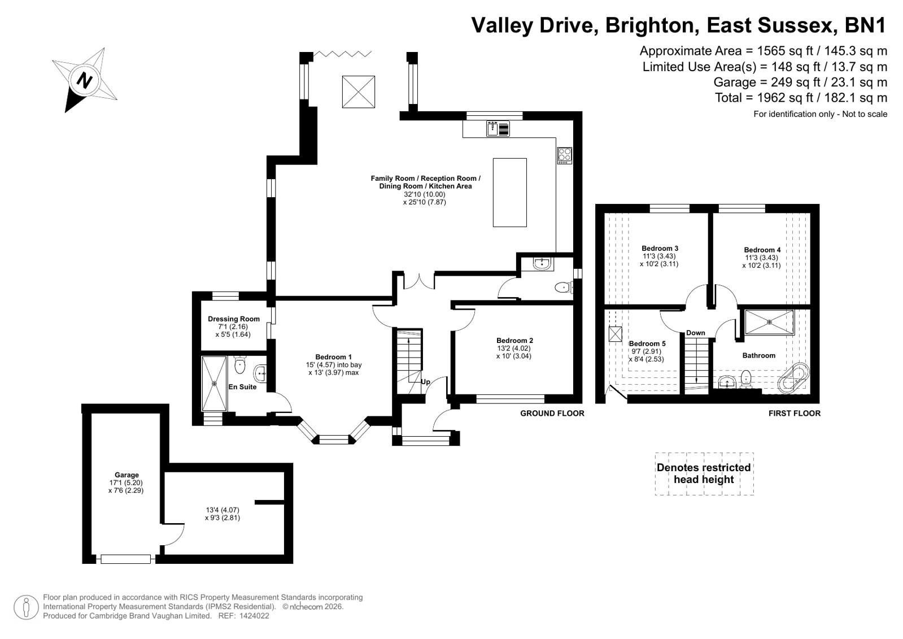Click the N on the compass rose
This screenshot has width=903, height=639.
[x=84, y=80]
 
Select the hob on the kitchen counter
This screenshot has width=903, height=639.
[x=564, y=156]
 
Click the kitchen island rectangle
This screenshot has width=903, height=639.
[x=509, y=193]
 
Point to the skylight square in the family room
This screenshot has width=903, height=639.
[x=359, y=92]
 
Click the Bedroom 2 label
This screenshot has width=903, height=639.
[x=515, y=341]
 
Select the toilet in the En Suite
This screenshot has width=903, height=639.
[x=239, y=365]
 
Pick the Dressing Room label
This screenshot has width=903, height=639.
[x=234, y=319]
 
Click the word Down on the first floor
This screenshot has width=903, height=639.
[x=696, y=333]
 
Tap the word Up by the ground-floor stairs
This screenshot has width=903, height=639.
[x=426, y=381]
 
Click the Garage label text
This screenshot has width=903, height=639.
[x=126, y=475]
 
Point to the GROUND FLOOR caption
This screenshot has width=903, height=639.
[x=552, y=413]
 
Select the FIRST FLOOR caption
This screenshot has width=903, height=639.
[x=795, y=413]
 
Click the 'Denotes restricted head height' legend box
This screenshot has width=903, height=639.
[x=704, y=473]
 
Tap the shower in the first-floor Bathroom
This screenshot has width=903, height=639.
[x=770, y=322]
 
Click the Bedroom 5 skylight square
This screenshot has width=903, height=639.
[x=615, y=333]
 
